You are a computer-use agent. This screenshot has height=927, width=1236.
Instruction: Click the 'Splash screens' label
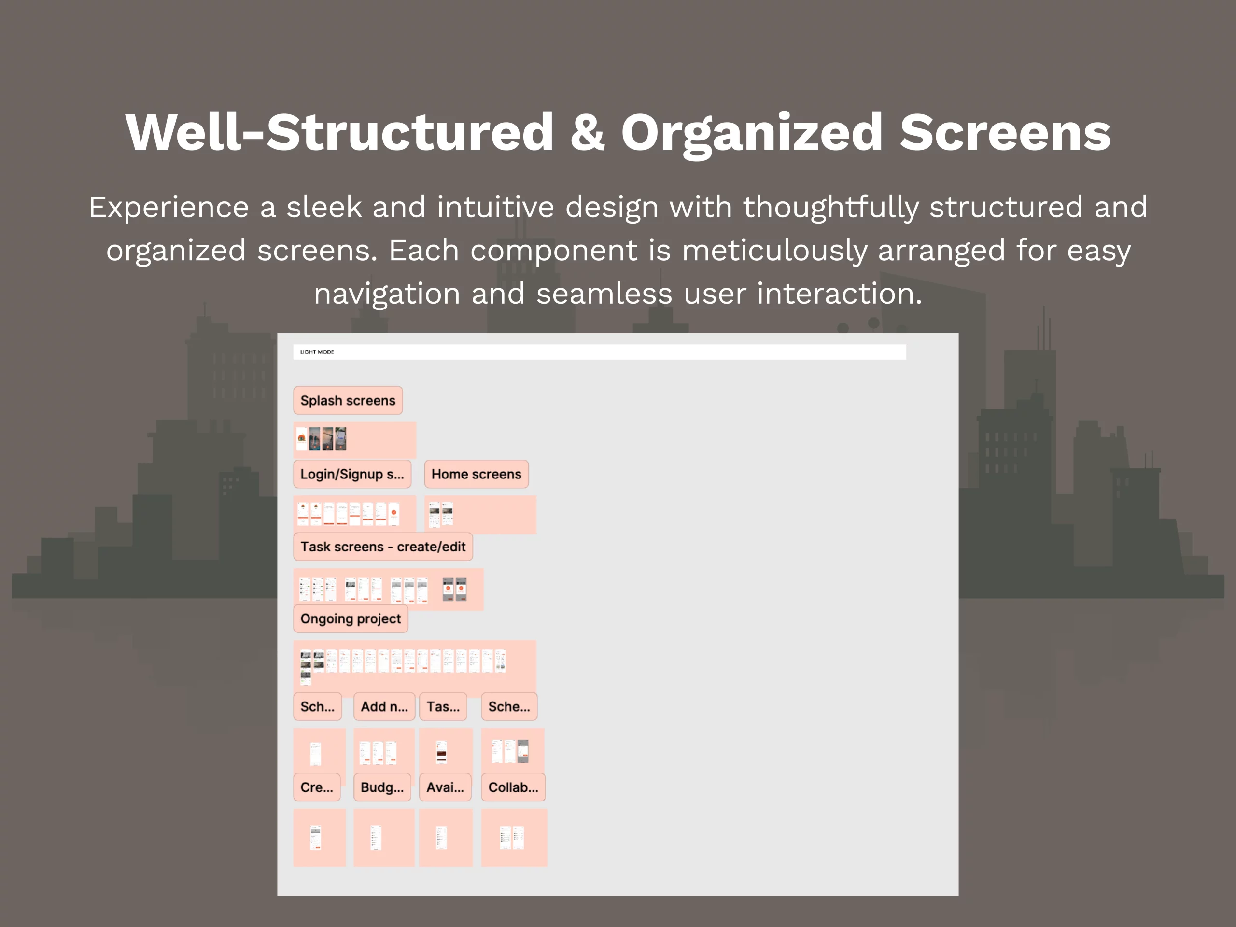click(348, 401)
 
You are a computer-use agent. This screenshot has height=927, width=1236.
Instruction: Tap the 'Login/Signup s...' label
click(352, 475)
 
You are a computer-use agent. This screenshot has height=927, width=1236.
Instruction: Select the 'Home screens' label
click(476, 475)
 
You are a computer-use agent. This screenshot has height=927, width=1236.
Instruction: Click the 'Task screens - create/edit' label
click(383, 547)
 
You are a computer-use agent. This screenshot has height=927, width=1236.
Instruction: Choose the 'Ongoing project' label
click(351, 619)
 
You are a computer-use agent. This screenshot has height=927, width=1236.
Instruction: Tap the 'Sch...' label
click(317, 707)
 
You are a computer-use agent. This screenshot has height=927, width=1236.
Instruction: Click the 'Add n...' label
click(384, 707)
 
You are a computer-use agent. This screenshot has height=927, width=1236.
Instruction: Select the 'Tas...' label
click(443, 707)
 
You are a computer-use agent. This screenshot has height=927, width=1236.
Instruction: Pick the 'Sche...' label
click(509, 707)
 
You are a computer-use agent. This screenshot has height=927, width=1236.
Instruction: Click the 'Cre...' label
click(316, 788)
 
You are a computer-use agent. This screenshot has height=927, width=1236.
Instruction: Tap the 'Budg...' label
click(382, 788)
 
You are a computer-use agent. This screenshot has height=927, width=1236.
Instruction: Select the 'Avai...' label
click(445, 788)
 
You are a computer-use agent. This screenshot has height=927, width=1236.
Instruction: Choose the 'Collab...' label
click(513, 788)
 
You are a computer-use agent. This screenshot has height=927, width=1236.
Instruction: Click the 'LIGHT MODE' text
click(317, 352)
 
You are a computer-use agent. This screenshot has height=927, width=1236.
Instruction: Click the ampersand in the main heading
click(587, 133)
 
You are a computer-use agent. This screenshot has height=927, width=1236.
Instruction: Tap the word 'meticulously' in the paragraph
click(774, 250)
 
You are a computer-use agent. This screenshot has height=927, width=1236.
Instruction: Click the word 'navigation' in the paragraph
click(387, 294)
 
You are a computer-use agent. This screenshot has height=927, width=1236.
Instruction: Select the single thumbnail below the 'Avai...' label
click(441, 838)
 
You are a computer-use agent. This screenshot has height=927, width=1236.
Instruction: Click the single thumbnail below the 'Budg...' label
click(376, 838)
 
